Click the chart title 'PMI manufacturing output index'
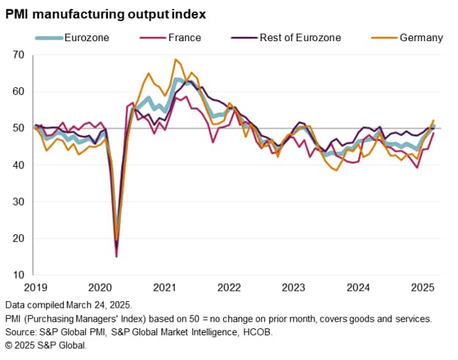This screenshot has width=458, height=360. pos(106,14)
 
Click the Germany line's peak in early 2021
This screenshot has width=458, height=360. pos(175,60)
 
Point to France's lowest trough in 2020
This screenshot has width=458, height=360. pos(116,256)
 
